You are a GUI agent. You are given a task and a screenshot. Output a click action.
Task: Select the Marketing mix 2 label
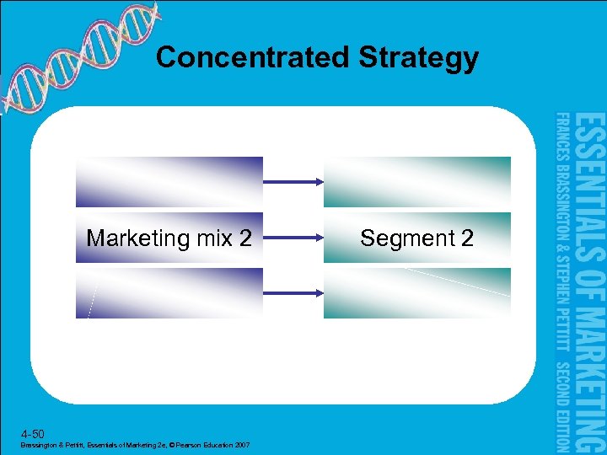click(169, 238)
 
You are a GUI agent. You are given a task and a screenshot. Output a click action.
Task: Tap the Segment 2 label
click(416, 238)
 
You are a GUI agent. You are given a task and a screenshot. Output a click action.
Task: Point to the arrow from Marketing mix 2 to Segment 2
click(293, 238)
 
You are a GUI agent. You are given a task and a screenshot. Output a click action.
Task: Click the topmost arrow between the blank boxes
click(293, 181)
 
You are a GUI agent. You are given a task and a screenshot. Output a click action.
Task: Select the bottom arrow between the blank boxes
click(293, 292)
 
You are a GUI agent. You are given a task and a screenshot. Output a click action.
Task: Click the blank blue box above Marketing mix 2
click(169, 182)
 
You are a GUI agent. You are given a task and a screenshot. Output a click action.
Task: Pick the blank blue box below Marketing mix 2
click(169, 293)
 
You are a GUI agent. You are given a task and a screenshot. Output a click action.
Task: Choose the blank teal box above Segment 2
click(416, 182)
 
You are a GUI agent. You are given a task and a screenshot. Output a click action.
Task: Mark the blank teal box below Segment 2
click(416, 293)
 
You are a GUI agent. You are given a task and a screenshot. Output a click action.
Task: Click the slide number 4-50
click(30, 432)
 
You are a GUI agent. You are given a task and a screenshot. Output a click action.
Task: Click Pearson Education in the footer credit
click(212, 444)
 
